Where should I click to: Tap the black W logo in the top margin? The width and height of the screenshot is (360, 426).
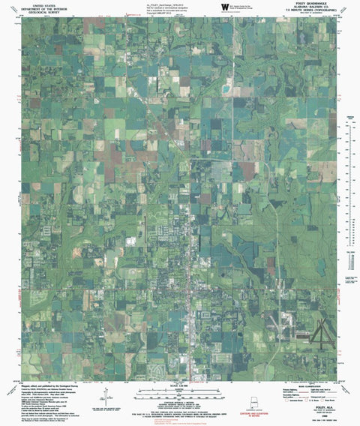[x=224, y=7]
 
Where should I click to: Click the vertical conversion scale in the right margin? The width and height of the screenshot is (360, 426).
[x=349, y=150]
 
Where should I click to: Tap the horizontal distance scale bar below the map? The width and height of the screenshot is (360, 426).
[x=180, y=392]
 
